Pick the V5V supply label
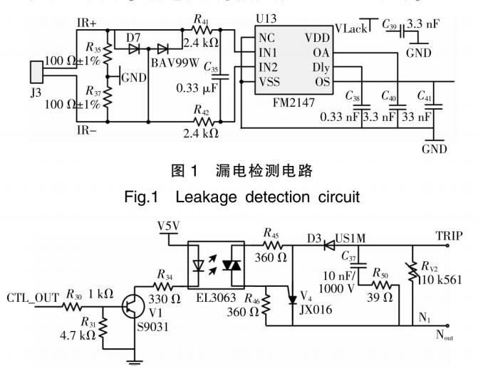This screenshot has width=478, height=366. pos(168,226)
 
